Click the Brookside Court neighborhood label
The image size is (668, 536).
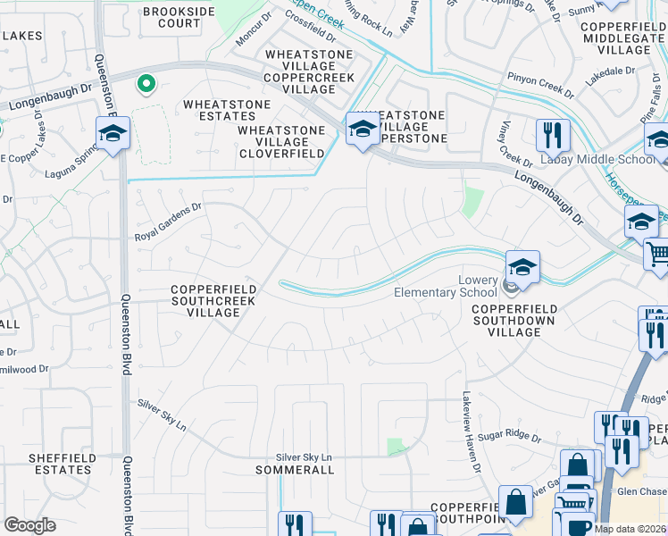(179, 17)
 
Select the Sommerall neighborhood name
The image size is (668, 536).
(295, 470)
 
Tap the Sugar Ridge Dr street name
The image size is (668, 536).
(511, 436)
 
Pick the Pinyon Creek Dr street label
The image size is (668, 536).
(542, 85)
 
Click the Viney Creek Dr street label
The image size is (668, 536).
(510, 143)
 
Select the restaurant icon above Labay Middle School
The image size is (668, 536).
(553, 135)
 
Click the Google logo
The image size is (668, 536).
(30, 525)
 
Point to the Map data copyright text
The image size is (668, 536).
(630, 529)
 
